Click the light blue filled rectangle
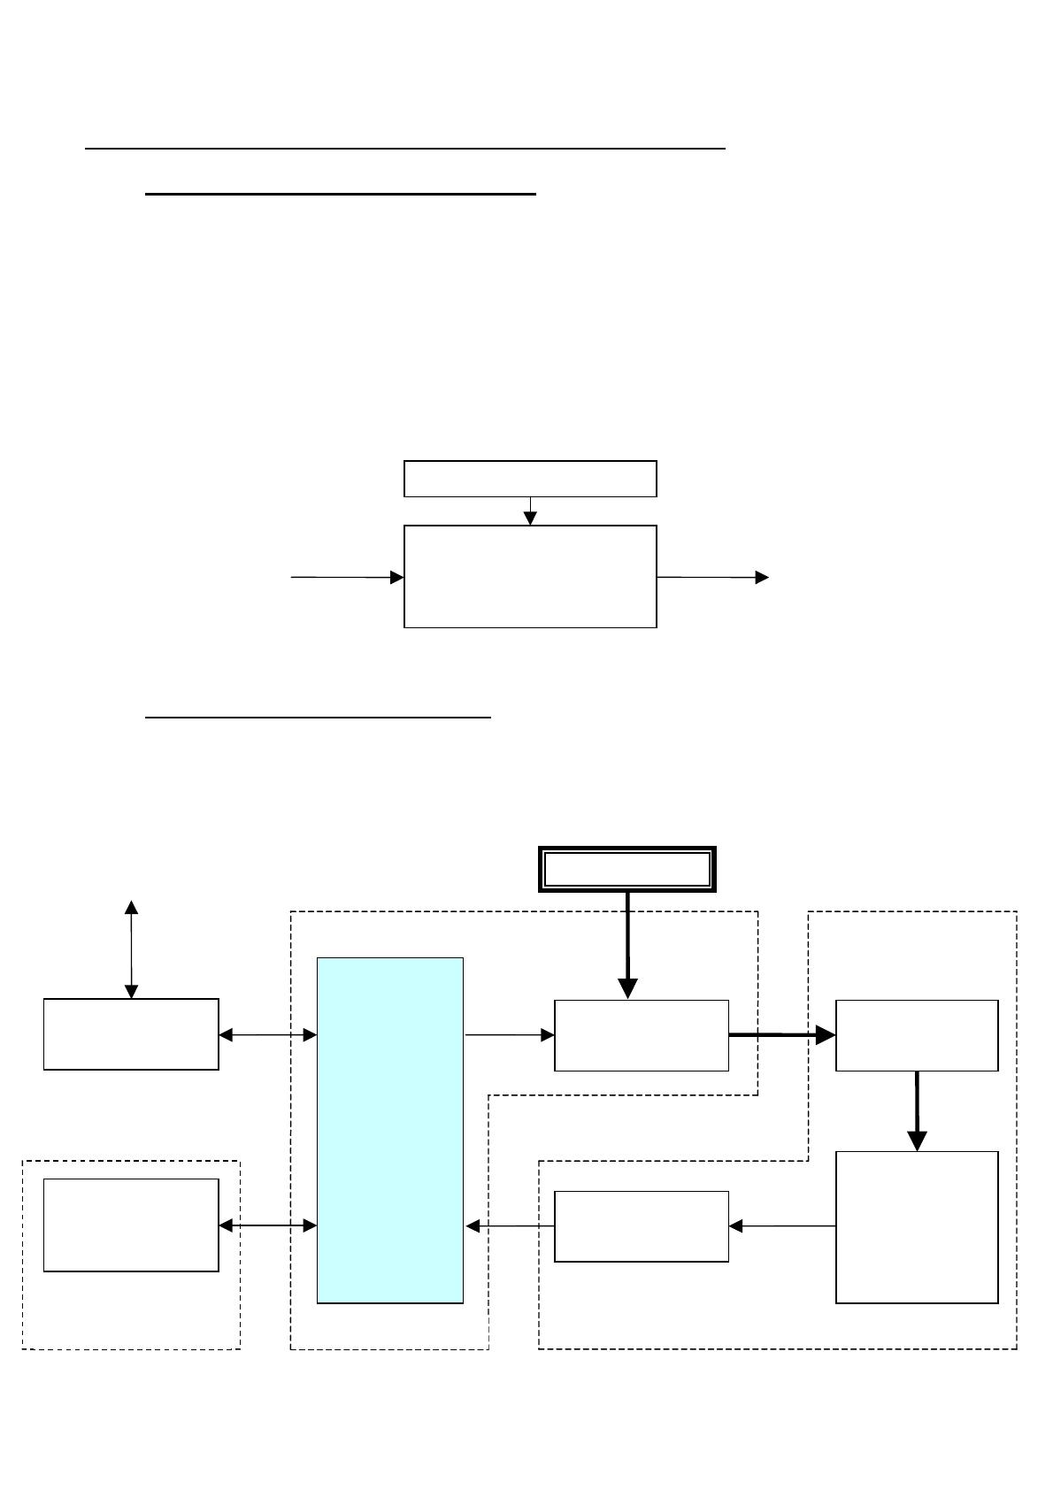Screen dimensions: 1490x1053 390,1130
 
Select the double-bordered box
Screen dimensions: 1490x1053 626,869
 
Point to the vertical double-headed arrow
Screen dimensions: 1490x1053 131,949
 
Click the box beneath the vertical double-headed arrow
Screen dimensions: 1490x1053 131,1034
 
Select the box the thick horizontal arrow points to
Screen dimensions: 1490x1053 917,1035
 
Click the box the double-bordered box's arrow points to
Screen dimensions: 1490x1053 642,1035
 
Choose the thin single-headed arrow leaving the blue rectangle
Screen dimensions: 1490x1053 509,1033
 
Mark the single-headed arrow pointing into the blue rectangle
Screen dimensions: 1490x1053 510,1225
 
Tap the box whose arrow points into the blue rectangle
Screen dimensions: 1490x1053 642,1225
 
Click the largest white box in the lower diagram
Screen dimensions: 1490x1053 917,1226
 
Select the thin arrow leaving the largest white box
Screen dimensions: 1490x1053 782,1225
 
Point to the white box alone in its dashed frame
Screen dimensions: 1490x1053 131,1225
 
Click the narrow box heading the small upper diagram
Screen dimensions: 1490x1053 530,479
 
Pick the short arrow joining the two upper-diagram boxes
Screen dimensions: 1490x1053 530,511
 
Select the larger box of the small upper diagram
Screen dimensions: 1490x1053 530,576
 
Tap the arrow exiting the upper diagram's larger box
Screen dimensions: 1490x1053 712,577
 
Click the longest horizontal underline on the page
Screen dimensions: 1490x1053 405,149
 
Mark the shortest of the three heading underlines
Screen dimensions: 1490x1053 318,717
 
